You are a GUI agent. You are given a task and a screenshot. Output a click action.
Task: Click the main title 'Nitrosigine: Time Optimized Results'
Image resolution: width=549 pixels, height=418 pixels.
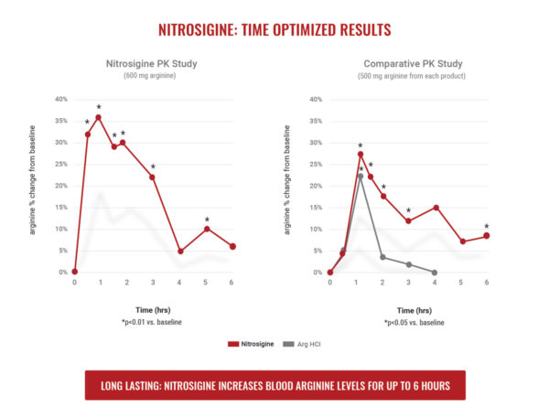(274, 29)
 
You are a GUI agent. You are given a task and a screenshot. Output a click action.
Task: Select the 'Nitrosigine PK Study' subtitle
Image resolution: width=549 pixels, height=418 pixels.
(153, 63)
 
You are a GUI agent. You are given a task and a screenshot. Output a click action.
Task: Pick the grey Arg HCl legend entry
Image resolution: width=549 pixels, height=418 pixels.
(301, 344)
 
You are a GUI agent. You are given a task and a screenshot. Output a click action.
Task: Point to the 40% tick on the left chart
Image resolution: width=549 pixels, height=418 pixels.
(60, 99)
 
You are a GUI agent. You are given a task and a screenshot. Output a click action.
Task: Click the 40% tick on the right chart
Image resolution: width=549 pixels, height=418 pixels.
(316, 99)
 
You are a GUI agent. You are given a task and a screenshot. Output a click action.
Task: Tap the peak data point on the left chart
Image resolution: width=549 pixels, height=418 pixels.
(99, 117)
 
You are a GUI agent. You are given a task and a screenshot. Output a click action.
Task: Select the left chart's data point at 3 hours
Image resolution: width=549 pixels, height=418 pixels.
(152, 177)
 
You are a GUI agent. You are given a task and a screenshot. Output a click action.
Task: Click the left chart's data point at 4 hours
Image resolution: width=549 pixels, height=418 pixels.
(180, 252)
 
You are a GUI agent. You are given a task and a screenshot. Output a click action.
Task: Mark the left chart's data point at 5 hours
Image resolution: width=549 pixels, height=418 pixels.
(207, 228)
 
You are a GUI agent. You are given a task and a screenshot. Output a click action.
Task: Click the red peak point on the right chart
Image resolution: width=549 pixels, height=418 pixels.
(361, 154)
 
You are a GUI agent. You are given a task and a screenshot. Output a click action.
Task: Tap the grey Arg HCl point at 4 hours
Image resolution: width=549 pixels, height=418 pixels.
(435, 273)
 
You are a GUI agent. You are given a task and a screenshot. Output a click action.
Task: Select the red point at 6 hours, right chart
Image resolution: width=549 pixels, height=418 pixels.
(486, 235)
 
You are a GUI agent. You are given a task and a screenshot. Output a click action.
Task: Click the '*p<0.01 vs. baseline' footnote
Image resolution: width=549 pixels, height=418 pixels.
(153, 323)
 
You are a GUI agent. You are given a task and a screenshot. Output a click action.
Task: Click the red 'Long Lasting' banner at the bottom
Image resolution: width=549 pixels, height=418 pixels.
(274, 385)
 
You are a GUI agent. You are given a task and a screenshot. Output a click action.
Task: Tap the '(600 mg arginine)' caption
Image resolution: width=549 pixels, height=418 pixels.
(153, 75)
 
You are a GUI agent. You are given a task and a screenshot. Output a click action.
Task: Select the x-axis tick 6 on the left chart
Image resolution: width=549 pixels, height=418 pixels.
(233, 283)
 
